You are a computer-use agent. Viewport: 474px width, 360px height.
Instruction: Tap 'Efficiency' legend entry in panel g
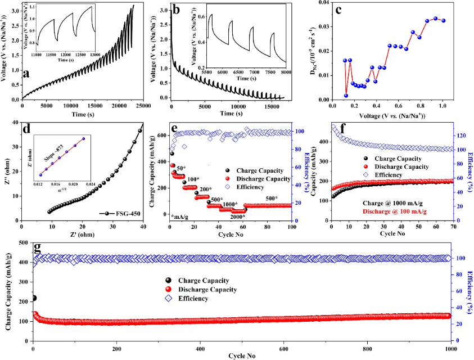193,298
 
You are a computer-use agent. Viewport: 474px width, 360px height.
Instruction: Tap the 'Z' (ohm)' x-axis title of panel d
82,235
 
